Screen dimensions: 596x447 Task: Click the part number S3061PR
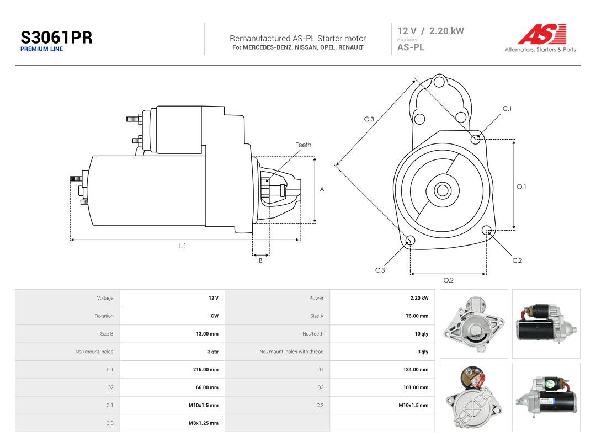pos(56,38)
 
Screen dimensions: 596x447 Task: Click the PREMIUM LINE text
pos(41,49)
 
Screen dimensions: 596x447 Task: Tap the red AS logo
pos(542,34)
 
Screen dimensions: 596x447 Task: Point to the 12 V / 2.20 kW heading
pos(430,31)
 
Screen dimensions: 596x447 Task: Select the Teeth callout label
pos(304,145)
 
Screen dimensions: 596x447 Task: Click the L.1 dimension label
pos(183,246)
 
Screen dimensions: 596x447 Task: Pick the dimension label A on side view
pos(322,189)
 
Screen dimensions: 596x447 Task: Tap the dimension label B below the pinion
pos(260,260)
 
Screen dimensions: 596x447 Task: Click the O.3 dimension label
pos(369,119)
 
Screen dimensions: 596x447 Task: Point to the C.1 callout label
pos(507,109)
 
